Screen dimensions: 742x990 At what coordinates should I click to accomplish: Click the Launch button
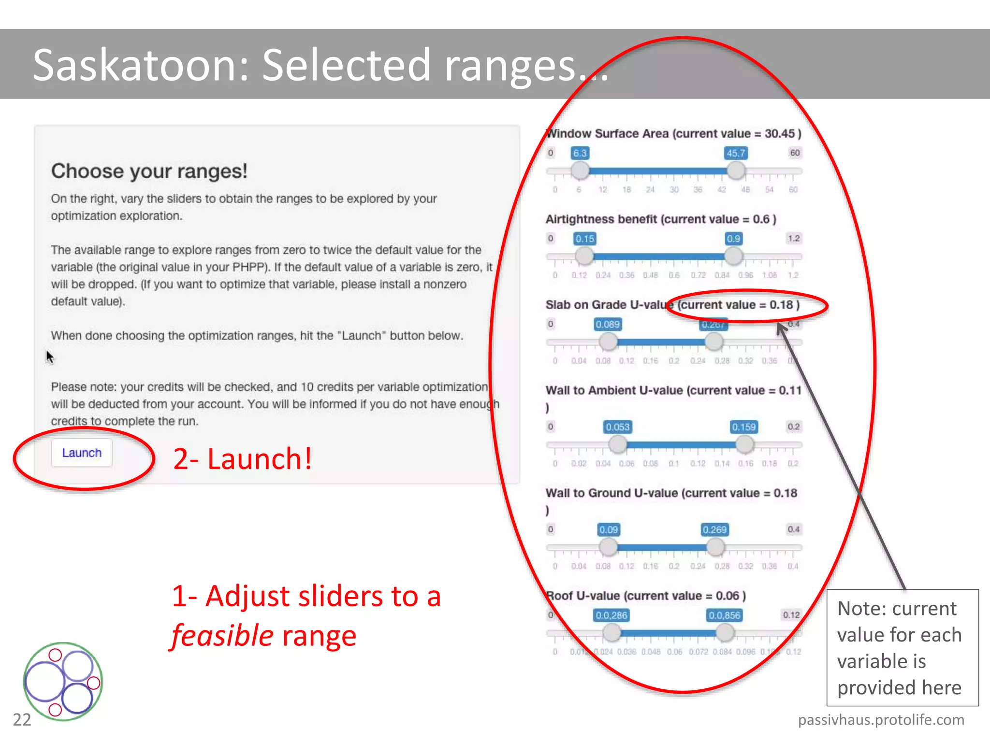click(x=82, y=453)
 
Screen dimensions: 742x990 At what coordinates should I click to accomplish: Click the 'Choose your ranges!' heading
click(x=149, y=171)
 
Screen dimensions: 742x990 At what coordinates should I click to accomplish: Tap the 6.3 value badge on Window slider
click(x=580, y=153)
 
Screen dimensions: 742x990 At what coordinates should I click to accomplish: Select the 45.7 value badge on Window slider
click(x=736, y=153)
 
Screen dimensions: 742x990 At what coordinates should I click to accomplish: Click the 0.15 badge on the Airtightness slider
click(x=584, y=239)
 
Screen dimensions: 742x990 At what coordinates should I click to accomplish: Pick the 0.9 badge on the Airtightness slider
click(x=733, y=239)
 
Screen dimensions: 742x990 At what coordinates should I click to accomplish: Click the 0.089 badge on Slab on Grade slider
click(x=607, y=324)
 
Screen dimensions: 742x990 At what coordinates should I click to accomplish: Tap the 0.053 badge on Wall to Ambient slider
click(x=618, y=427)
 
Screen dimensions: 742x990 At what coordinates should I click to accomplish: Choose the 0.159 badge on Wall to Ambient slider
click(x=743, y=427)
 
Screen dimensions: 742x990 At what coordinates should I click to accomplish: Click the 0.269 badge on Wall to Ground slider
click(x=714, y=530)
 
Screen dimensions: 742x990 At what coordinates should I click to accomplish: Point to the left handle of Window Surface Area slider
click(x=580, y=171)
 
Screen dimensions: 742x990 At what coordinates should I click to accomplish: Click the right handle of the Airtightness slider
click(x=733, y=256)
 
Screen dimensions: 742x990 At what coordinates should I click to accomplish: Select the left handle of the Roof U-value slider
click(x=612, y=632)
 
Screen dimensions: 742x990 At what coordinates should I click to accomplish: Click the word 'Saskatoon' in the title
click(x=140, y=65)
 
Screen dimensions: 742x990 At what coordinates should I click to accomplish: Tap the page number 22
click(x=22, y=720)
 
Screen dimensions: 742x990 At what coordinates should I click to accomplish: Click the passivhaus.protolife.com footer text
click(x=881, y=720)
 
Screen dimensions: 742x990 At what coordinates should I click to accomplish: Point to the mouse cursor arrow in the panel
click(x=50, y=357)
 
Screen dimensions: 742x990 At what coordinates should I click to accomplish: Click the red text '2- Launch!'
click(x=242, y=459)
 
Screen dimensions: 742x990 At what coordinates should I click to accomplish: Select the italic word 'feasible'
click(x=223, y=636)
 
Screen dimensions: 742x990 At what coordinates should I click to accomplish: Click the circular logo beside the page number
click(x=63, y=681)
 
